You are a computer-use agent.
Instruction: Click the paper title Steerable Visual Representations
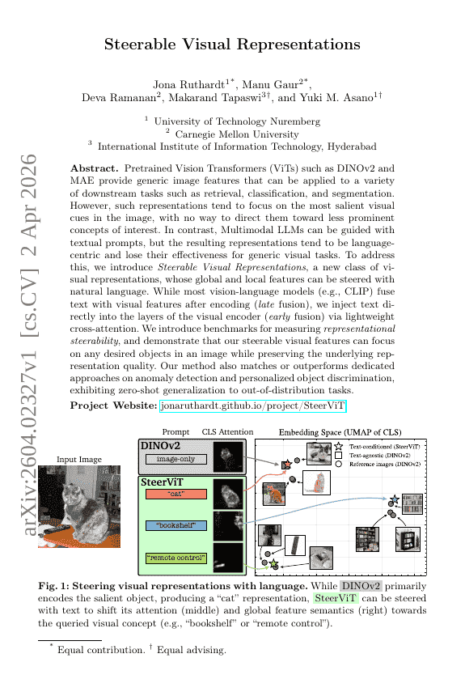coord(231,45)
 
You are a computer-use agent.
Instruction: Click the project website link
coord(253,405)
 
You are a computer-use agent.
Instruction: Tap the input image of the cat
coord(79,506)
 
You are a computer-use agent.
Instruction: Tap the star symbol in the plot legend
coord(340,447)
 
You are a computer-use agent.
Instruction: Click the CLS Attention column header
coord(227,432)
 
